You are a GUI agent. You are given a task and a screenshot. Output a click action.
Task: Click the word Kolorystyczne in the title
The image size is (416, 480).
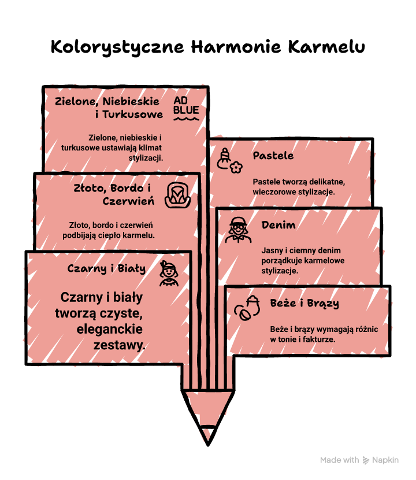click(x=117, y=47)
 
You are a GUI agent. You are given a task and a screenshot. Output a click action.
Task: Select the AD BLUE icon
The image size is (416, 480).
click(x=186, y=109)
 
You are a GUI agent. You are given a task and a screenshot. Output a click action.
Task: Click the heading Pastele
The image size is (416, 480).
click(x=273, y=156)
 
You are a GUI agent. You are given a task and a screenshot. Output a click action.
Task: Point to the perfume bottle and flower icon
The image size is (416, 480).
click(x=229, y=161)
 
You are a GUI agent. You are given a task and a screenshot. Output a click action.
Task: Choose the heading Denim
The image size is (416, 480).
click(x=278, y=225)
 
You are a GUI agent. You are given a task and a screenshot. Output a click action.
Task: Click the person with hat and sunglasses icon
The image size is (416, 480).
click(x=238, y=230)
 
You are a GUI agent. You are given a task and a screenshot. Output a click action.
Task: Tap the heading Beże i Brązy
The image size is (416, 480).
click(x=304, y=303)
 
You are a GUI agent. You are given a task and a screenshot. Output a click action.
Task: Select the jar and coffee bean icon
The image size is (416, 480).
click(x=247, y=308)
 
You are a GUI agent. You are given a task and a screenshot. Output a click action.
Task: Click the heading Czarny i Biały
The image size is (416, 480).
click(x=106, y=268)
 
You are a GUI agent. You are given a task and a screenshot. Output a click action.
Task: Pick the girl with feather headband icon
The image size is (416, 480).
click(x=169, y=274)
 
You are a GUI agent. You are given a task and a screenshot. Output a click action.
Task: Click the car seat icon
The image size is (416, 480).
click(x=178, y=195)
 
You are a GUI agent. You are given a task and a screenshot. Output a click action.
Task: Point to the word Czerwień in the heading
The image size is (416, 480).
click(x=128, y=201)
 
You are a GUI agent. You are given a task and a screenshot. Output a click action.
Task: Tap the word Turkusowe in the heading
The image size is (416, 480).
click(x=133, y=115)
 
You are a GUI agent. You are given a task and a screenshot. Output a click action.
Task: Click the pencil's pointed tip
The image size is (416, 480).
click(x=208, y=445)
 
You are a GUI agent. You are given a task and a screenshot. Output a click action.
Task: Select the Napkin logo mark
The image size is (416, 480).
click(x=366, y=460)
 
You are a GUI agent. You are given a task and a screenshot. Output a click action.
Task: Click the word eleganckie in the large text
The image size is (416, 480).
click(x=110, y=329)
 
